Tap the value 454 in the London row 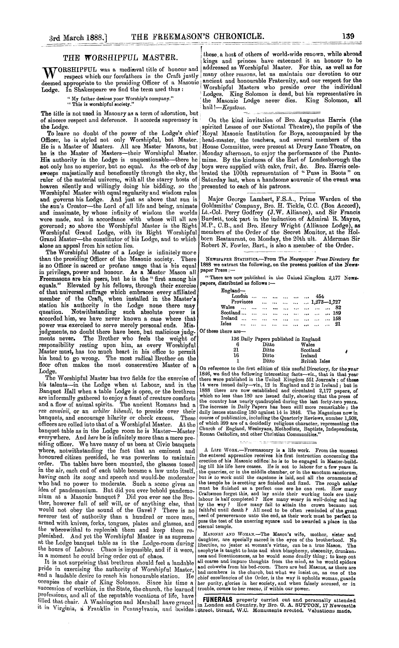[320, 296]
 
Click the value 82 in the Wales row [338, 307]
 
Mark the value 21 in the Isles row [338, 324]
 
